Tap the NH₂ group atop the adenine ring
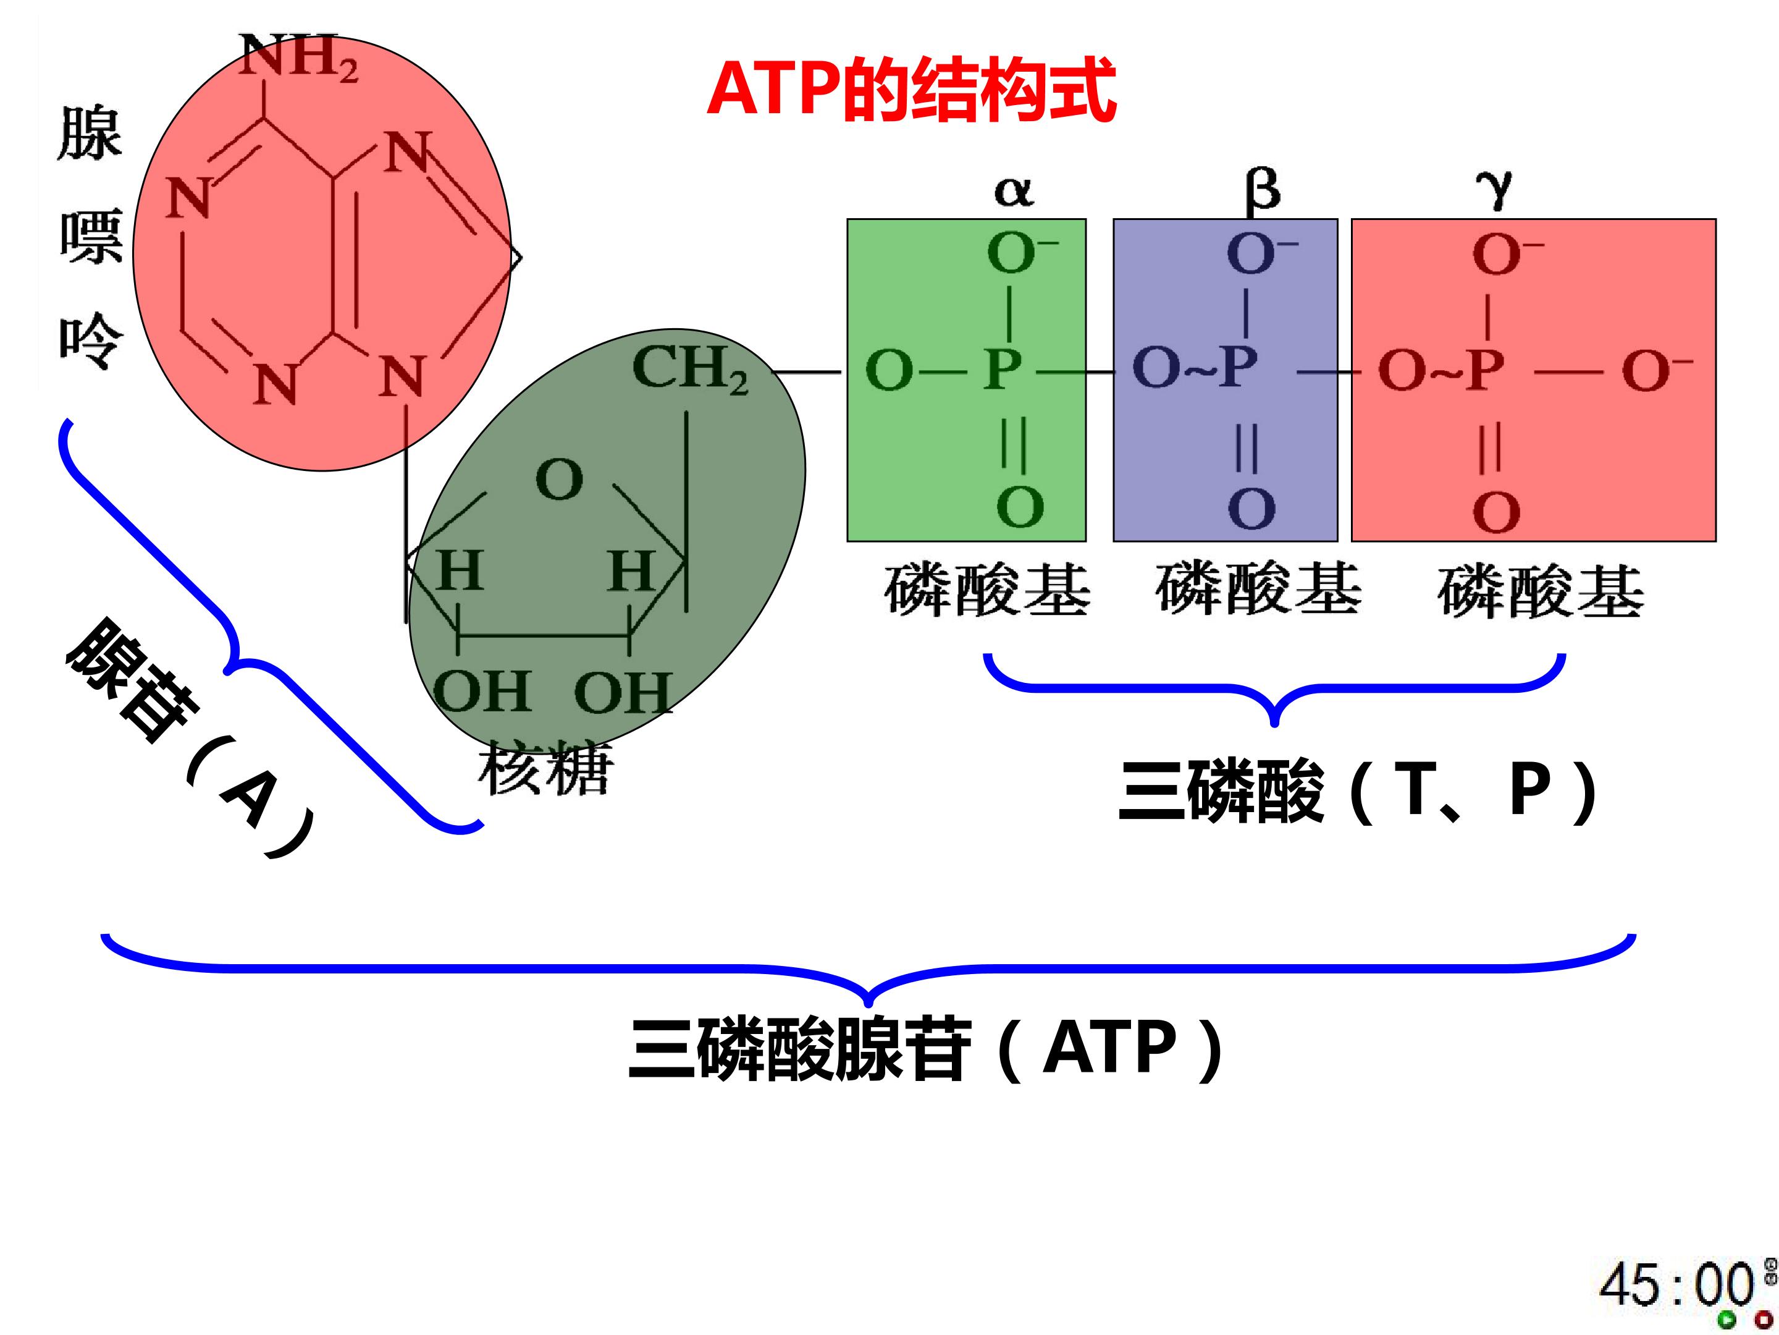(x=298, y=58)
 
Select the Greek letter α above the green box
(x=1014, y=192)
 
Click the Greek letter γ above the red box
(x=1494, y=192)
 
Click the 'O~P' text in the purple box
(x=1193, y=368)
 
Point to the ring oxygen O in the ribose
(x=559, y=480)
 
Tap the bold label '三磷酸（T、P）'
(x=1358, y=792)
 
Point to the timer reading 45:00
(x=1676, y=1284)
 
